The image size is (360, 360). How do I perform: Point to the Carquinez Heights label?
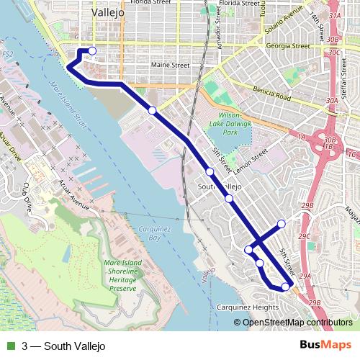[247, 307]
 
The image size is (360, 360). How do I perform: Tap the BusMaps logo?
[325, 346]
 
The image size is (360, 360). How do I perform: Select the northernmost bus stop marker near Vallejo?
[91, 50]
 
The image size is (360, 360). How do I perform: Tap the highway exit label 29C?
[305, 235]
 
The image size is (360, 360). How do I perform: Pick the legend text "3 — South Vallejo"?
[63, 346]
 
